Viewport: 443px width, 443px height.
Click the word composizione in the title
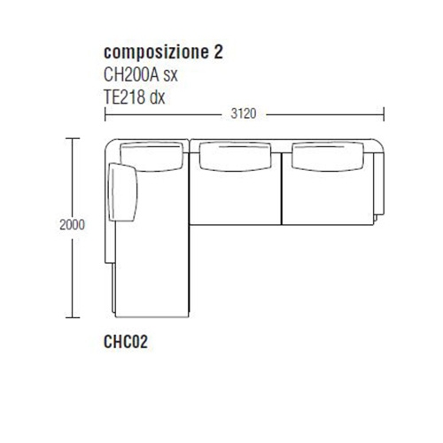pyautogui.click(x=157, y=53)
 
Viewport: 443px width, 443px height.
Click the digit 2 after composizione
pyautogui.click(x=218, y=51)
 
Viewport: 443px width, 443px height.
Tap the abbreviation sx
pyautogui.click(x=170, y=77)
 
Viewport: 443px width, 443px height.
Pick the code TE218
pyautogui.click(x=125, y=97)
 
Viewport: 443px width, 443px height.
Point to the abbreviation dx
pyautogui.click(x=157, y=97)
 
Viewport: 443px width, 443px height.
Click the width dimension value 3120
pyautogui.click(x=244, y=113)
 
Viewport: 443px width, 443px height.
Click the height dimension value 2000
pyautogui.click(x=72, y=225)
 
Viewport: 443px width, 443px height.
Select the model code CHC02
pyautogui.click(x=126, y=342)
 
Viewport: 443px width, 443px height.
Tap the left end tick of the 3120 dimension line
pyautogui.click(x=105, y=114)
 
